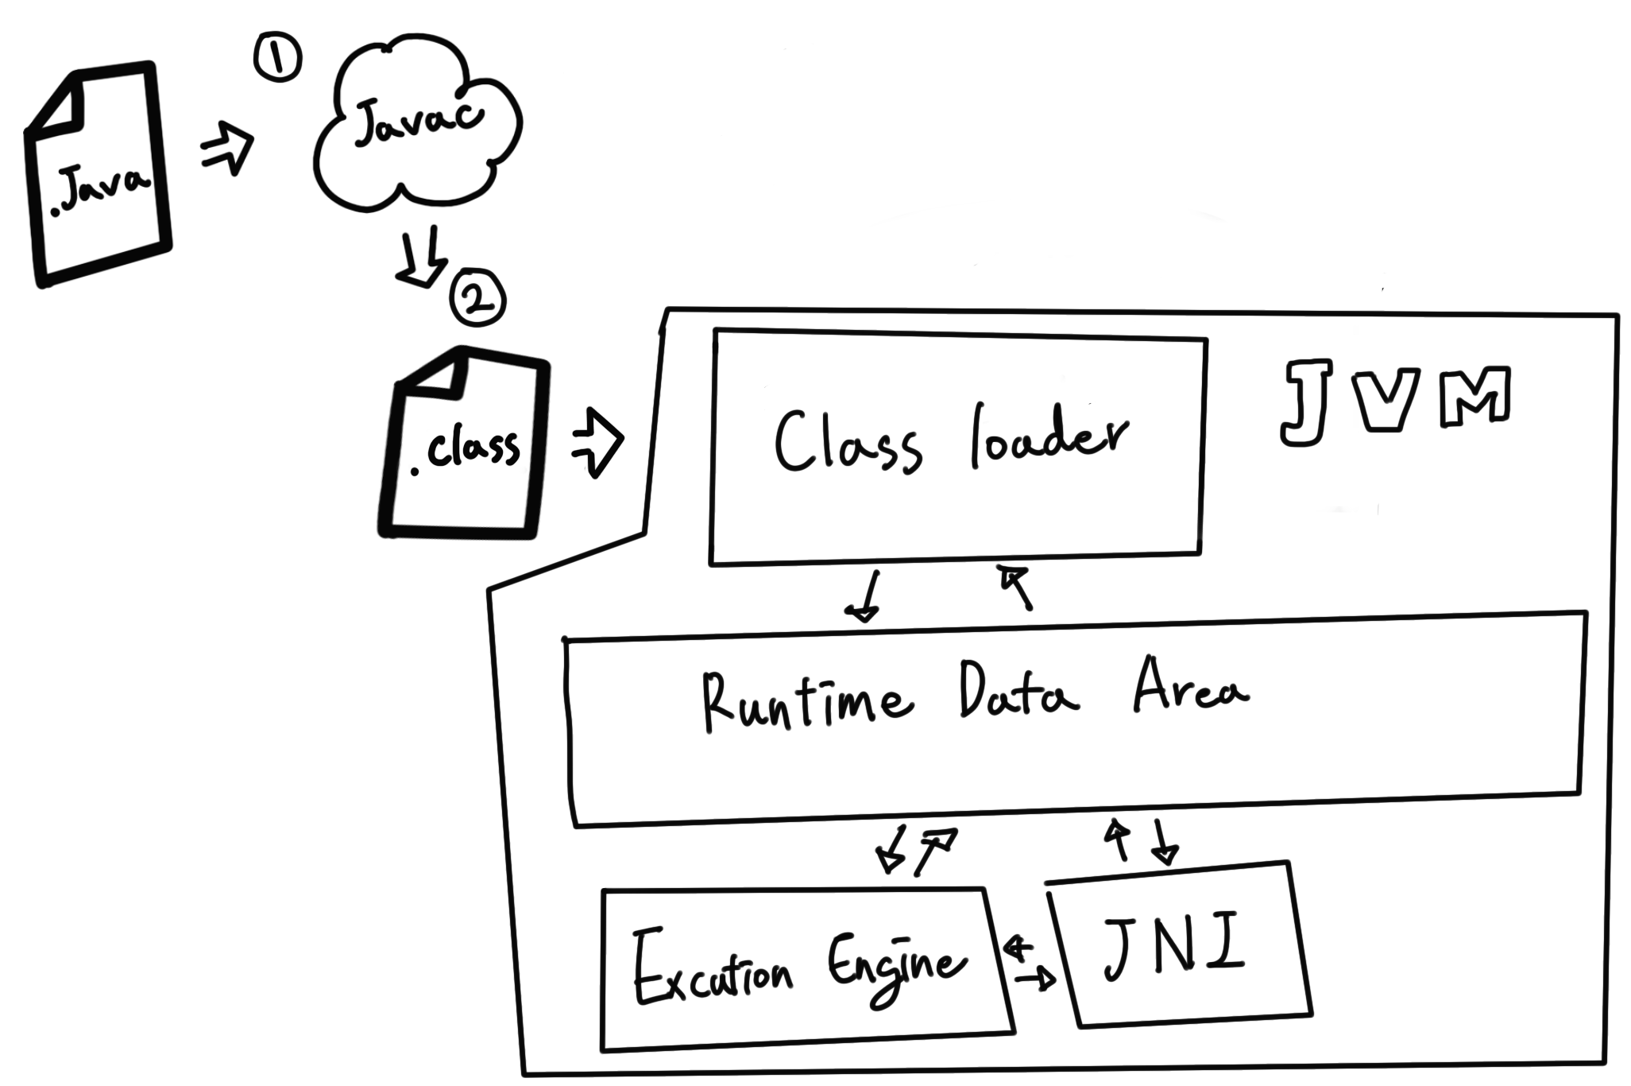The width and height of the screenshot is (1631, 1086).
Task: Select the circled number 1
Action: pyautogui.click(x=277, y=60)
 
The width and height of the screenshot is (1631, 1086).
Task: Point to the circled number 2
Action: pyautogui.click(x=477, y=300)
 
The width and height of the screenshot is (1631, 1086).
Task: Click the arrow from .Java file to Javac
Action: pyautogui.click(x=226, y=149)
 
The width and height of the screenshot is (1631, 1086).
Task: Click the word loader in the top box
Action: pyautogui.click(x=1047, y=439)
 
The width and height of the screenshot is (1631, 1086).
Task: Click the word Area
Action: pyautogui.click(x=1189, y=687)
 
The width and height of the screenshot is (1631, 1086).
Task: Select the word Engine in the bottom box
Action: pyautogui.click(x=896, y=968)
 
